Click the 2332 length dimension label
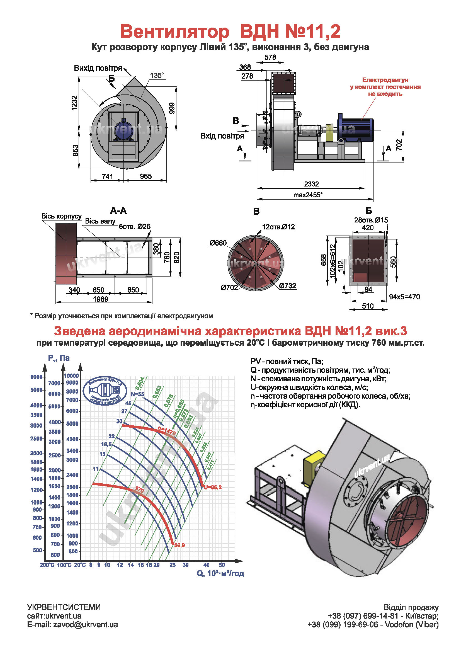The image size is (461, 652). pos(311,184)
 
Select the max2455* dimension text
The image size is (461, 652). pos(308,195)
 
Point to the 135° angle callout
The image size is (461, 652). pos(157,76)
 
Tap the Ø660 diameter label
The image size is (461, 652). pos(218,243)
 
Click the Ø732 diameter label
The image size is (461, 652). pos(288,286)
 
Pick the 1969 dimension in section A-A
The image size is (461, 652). pos(101,299)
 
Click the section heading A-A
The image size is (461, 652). pos(118,211)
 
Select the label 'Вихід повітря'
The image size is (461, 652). pos(98,68)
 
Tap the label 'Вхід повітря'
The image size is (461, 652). pos(222,136)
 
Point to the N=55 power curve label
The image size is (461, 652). pos(137,394)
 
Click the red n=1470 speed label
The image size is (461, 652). pos(167,432)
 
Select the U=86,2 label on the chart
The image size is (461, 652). pos(213,487)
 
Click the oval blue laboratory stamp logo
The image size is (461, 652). pos(105,391)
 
